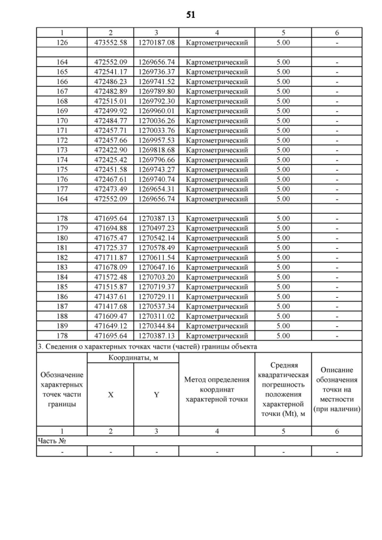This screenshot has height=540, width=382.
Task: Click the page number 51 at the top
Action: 190,14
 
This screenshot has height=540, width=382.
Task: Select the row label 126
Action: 61,43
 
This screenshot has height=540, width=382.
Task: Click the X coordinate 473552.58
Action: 110,43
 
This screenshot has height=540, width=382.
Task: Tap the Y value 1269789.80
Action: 156,91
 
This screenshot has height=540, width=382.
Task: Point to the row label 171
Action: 61,130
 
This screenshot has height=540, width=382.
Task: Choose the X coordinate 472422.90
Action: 110,150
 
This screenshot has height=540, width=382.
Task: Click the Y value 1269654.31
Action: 156,189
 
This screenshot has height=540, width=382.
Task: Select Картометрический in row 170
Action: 217,121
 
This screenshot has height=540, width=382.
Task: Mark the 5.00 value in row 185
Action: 283,287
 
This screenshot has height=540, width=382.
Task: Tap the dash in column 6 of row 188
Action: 337,316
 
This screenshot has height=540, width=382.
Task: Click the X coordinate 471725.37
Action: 110,248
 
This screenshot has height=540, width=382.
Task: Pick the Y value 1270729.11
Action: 156,297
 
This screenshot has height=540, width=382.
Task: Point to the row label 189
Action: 61,326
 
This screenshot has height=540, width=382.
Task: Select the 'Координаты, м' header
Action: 133,357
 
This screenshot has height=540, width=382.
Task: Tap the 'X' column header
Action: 110,394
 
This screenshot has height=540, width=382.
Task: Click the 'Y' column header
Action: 156,394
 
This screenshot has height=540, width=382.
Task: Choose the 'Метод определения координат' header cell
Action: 217,389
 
